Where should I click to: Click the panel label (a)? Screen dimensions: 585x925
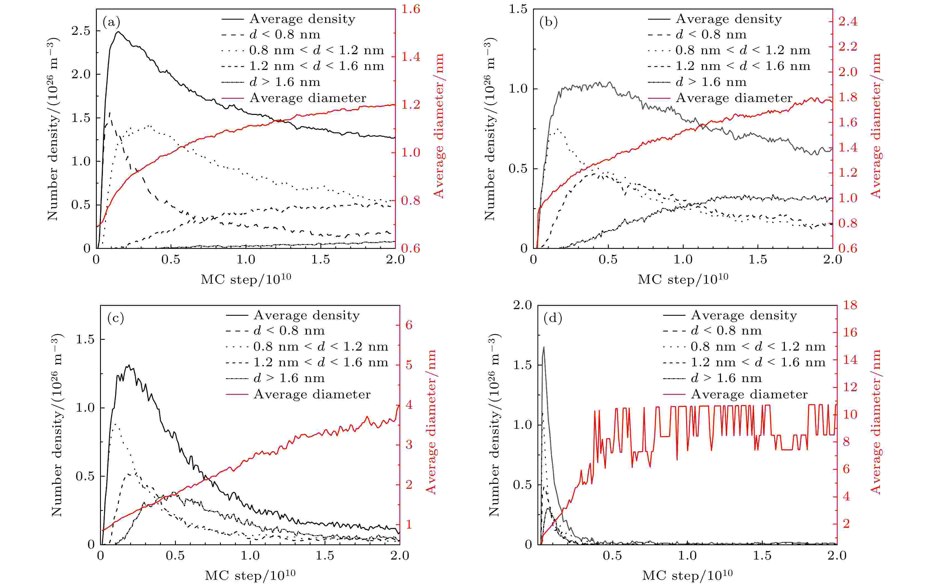tap(111, 22)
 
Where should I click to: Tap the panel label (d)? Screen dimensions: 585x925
tap(553, 318)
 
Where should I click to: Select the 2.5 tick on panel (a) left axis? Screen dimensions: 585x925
tap(81, 31)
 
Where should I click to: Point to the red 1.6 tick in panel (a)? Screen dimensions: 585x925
tap(411, 9)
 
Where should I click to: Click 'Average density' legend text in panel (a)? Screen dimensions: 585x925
tap(302, 19)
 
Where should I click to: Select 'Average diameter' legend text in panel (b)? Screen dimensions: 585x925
tap(734, 98)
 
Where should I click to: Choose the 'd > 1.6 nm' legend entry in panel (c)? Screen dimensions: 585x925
tap(289, 378)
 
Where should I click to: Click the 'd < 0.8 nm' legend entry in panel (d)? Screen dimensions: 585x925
tap(726, 331)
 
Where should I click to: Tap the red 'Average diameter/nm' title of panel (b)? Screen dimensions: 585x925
tap(875, 126)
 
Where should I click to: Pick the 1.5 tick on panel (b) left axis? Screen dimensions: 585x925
tap(518, 9)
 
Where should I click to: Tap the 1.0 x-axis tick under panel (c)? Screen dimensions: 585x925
tap(250, 556)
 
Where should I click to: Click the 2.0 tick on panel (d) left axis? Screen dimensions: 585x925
tap(522, 305)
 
